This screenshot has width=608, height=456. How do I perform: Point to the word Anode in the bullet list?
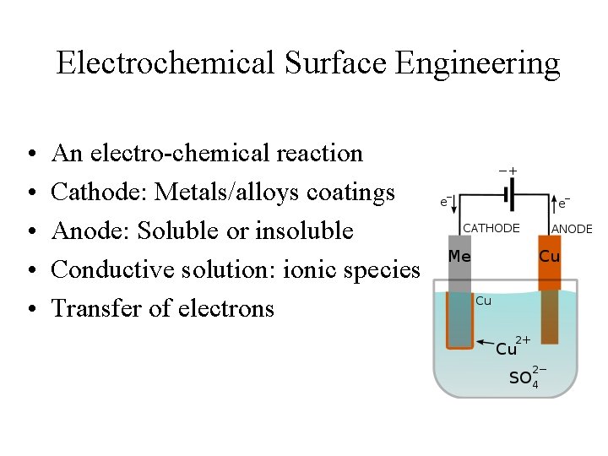(87, 231)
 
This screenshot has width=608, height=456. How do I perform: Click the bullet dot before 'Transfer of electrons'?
(30, 309)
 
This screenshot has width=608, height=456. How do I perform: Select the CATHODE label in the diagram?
(491, 228)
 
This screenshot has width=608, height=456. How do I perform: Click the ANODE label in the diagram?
(572, 229)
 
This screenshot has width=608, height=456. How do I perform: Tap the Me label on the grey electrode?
(459, 256)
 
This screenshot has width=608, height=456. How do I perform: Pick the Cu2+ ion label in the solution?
(511, 346)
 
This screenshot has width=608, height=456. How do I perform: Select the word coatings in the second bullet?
(351, 193)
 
